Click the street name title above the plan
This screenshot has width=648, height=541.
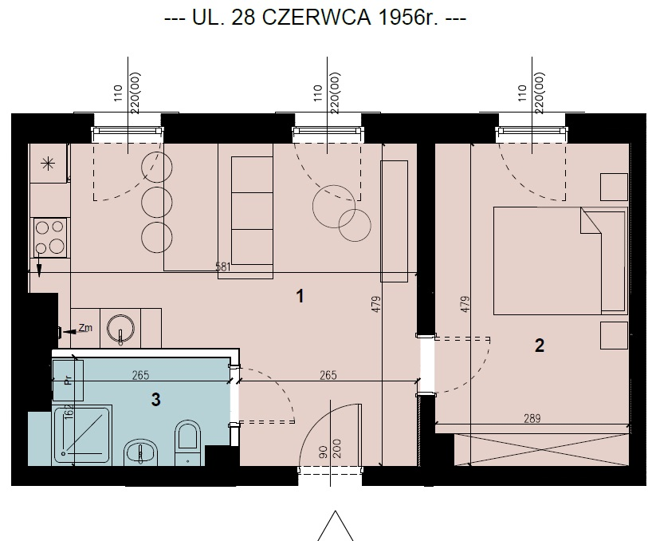[x=316, y=18]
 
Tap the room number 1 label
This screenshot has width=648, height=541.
[x=300, y=296]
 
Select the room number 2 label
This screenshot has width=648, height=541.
[x=540, y=346]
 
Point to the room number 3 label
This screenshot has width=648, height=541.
[x=155, y=400]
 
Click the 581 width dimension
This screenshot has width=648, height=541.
[x=223, y=267]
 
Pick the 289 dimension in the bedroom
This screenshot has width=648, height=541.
[x=532, y=419]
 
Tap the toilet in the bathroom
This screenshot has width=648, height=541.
[x=188, y=442]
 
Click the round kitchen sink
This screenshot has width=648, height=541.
[x=120, y=329]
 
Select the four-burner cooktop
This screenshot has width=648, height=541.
[x=50, y=238]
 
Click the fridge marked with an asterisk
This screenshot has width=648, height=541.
[x=49, y=164]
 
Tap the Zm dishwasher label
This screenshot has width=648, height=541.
[x=85, y=328]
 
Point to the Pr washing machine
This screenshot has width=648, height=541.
[x=69, y=380]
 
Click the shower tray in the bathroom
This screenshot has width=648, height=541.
[x=82, y=435]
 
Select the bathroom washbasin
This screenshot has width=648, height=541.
[x=141, y=452]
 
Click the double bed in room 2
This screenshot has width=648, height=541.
[x=560, y=261]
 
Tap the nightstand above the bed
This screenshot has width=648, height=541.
[x=614, y=187]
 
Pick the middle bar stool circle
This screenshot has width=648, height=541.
[x=157, y=202]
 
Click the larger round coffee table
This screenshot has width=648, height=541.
[x=334, y=207]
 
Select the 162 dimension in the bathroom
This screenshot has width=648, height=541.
[x=69, y=413]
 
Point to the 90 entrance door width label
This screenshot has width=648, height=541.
[x=324, y=452]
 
